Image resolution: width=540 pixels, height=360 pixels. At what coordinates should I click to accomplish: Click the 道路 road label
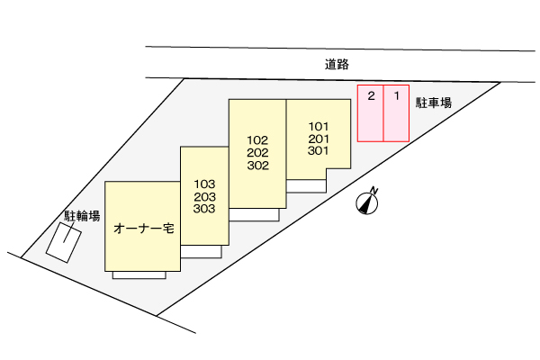point(337,65)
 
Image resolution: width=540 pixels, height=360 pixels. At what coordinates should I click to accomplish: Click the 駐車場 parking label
point(433,103)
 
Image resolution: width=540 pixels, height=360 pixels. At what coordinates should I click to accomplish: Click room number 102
point(257,140)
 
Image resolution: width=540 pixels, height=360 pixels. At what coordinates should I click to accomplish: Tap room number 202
point(257,153)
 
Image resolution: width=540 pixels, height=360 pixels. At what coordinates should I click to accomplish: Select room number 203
point(204,196)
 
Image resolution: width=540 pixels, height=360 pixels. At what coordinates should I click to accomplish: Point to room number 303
point(204,209)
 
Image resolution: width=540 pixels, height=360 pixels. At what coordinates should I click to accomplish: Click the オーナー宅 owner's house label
point(144,229)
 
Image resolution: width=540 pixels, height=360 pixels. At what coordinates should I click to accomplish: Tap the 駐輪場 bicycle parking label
point(82,216)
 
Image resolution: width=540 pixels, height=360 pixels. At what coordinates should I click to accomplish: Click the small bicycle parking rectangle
point(63,241)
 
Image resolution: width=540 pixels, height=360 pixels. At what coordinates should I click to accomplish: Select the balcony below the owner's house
point(139,275)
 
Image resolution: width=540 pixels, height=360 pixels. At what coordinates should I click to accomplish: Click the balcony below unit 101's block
point(306,185)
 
